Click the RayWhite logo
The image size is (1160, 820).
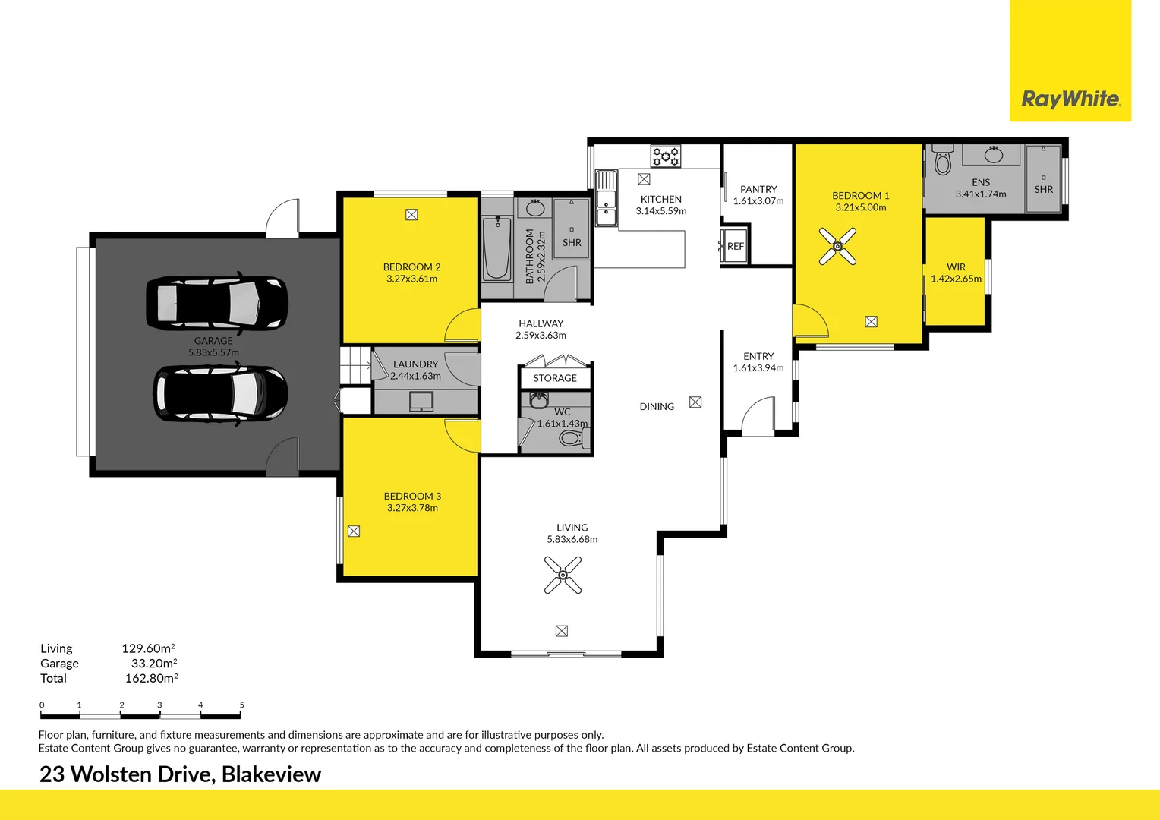coord(1070,99)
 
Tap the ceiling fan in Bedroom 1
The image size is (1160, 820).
coord(837,246)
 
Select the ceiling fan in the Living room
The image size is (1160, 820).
coord(563,576)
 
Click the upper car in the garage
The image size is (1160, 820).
coord(217,303)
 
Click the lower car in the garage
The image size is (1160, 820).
coord(221,393)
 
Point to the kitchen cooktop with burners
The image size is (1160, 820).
coord(666,156)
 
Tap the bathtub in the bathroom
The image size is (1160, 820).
coord(497,248)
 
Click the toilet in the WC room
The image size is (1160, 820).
coord(572,438)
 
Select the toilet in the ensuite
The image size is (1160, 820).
coord(943,161)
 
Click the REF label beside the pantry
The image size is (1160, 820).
coord(735,246)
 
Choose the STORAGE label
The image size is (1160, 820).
coord(555,378)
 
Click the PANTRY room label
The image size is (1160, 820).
coord(758,189)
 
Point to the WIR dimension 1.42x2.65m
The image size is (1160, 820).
coord(956,279)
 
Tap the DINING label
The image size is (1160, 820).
coord(657,406)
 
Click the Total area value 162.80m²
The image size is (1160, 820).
coord(151,678)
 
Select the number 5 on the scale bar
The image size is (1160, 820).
coord(242,705)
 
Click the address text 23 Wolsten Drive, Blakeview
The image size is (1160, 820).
coord(180,774)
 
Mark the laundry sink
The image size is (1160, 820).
coord(421,401)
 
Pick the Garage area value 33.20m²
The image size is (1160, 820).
coord(154,663)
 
